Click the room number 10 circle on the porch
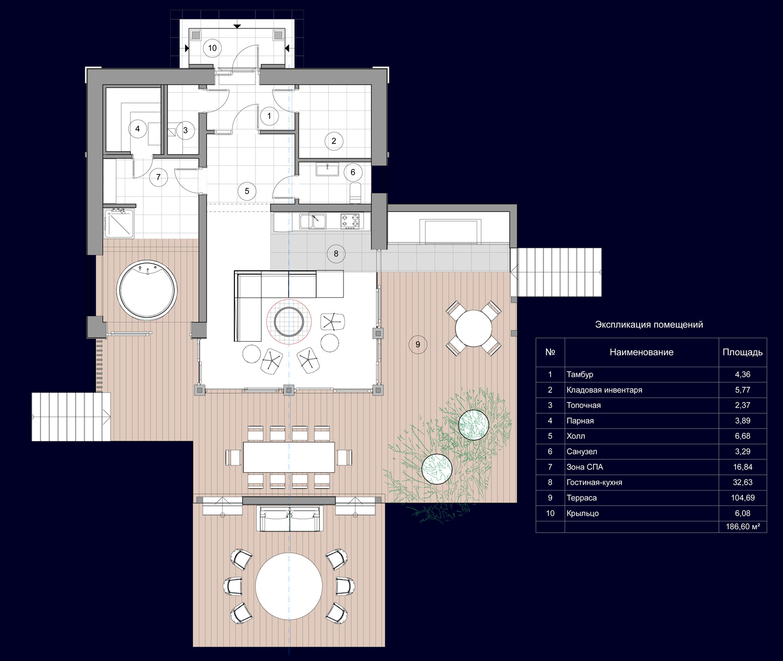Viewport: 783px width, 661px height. (212, 48)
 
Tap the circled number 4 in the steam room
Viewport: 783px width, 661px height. (138, 129)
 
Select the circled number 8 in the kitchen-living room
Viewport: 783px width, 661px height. (336, 254)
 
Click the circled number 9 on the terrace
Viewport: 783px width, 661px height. (418, 344)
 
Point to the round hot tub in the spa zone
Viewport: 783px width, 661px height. (147, 290)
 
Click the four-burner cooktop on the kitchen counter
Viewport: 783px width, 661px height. (350, 221)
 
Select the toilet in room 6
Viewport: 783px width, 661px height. (356, 192)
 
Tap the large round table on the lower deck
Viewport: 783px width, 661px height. (289, 586)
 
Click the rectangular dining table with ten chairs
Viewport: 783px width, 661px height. (289, 457)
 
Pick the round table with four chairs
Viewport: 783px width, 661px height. (474, 328)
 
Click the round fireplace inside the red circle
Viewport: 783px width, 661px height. (289, 322)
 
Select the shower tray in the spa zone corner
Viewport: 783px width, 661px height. (118, 223)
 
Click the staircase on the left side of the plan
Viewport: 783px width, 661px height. (71, 417)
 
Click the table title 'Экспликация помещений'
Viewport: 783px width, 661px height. (649, 325)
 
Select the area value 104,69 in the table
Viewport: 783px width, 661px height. (743, 498)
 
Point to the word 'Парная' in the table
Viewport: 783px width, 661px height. (580, 421)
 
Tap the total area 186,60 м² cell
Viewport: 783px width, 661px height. (743, 527)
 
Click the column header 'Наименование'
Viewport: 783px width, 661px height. (642, 352)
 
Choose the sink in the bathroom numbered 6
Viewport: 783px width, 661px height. (327, 169)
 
